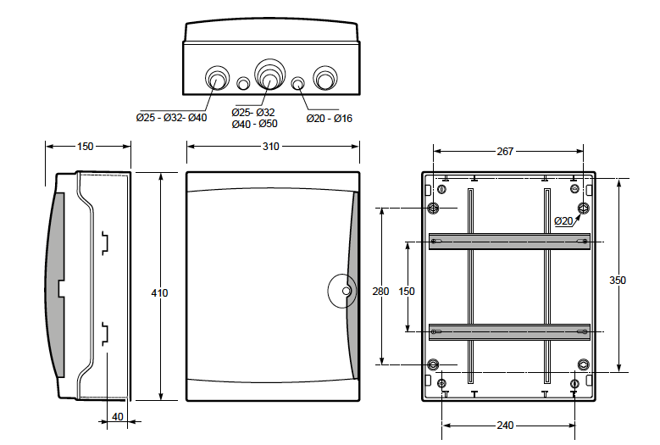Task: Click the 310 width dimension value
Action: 270,147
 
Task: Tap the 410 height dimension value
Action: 159,293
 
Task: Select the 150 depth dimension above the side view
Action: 85,147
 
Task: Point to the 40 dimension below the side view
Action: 118,417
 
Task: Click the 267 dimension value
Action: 505,152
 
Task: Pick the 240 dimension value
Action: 505,426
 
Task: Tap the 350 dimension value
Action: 618,281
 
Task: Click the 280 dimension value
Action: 380,292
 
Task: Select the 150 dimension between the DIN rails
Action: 407,292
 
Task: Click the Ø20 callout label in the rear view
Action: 563,221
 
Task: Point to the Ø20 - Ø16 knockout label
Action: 330,119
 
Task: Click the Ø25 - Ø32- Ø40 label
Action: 171,118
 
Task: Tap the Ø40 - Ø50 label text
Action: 255,125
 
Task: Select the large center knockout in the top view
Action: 269,75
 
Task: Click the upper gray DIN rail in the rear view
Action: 509,242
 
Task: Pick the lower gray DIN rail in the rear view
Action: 509,332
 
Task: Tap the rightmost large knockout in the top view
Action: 325,78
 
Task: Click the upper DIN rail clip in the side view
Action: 105,243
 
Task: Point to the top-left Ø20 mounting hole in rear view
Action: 434,208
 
